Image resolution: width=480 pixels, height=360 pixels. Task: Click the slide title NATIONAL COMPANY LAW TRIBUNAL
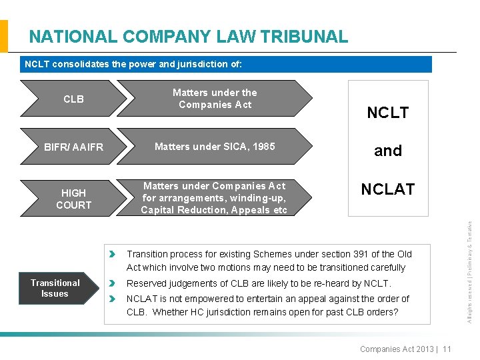pyautogui.click(x=189, y=36)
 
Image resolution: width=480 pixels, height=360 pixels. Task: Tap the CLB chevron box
pyautogui.click(x=73, y=99)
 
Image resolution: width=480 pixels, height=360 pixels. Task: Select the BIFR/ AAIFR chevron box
pyautogui.click(x=73, y=147)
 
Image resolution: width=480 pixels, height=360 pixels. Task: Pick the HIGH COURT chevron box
pyautogui.click(x=73, y=199)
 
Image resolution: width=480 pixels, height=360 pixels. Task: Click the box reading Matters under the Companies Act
pyautogui.click(x=215, y=99)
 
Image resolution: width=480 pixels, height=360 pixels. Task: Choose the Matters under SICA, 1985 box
pyautogui.click(x=215, y=147)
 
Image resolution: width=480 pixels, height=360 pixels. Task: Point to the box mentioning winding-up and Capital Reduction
pyautogui.click(x=215, y=198)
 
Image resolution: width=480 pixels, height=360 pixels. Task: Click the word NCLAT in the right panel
pyautogui.click(x=388, y=189)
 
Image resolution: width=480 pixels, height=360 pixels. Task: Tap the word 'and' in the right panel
pyautogui.click(x=388, y=151)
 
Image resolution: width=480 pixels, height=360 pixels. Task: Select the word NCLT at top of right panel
pyautogui.click(x=388, y=113)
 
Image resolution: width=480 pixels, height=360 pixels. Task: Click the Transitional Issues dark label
pyautogui.click(x=55, y=288)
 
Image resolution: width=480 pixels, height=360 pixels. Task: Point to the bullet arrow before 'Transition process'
pyautogui.click(x=113, y=254)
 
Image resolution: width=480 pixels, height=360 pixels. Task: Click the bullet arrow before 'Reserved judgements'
pyautogui.click(x=113, y=283)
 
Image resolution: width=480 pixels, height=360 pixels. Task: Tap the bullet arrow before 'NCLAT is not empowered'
pyautogui.click(x=113, y=299)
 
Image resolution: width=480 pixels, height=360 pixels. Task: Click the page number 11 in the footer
pyautogui.click(x=447, y=349)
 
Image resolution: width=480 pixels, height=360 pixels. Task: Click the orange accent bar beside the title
pyautogui.click(x=4, y=36)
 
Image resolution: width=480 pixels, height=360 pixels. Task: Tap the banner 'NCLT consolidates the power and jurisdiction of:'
pyautogui.click(x=133, y=65)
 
